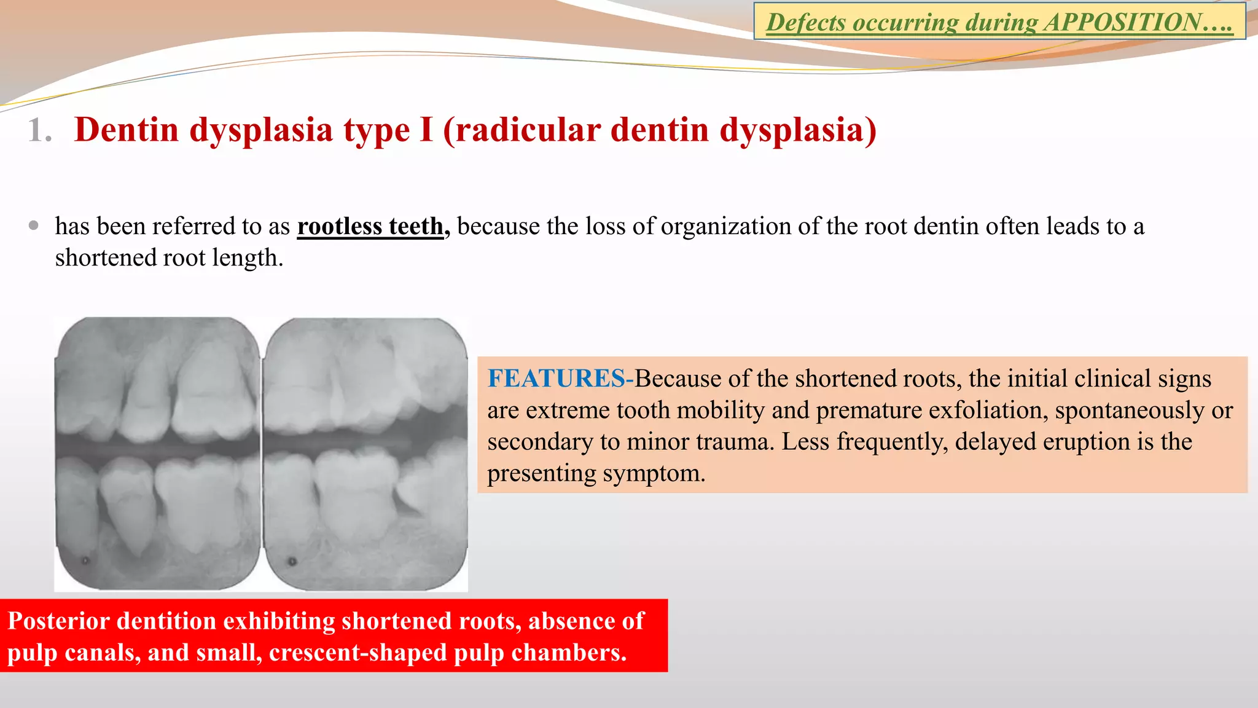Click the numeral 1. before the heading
[39, 130]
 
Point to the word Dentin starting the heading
[127, 130]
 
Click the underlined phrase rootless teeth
[370, 226]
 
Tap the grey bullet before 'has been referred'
[34, 226]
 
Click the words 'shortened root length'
[168, 258]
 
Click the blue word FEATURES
[557, 379]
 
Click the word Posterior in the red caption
[58, 621]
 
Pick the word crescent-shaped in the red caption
[357, 653]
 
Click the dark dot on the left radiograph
[85, 560]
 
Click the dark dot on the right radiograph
[292, 561]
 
